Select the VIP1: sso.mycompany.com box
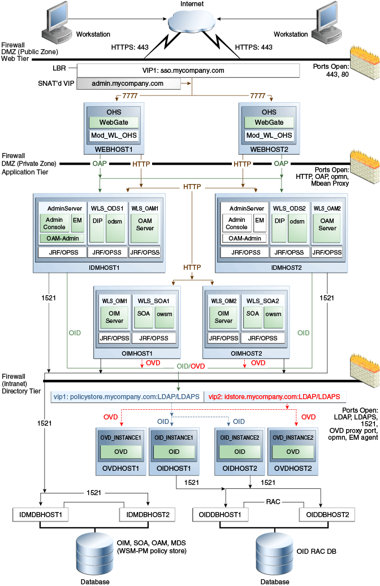point(188,71)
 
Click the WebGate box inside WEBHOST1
point(114,123)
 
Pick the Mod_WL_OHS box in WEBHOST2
point(269,135)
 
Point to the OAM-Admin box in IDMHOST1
point(62,238)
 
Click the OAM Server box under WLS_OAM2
point(327,225)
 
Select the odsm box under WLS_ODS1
point(115,221)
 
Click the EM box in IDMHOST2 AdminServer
point(259,221)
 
